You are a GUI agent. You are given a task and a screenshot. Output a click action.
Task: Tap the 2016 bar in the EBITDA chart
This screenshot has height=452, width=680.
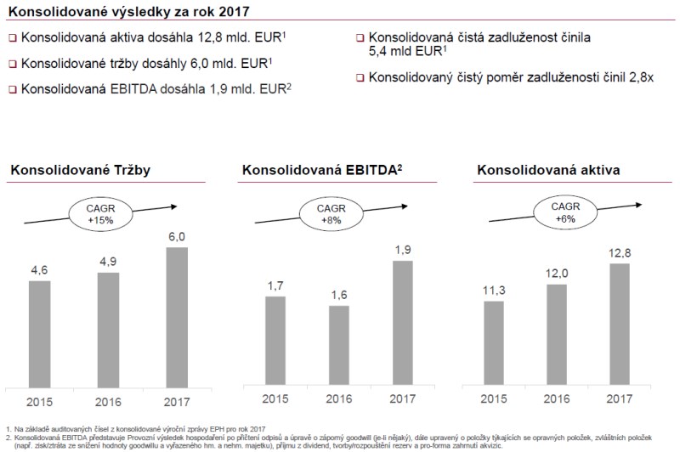338,345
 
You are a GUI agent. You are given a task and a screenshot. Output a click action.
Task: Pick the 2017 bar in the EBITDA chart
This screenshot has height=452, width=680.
402,324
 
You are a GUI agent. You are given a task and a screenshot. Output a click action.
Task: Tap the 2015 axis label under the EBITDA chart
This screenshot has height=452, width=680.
275,400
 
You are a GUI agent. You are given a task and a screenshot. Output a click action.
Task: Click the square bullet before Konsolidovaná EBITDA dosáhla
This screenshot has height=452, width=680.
12,88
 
